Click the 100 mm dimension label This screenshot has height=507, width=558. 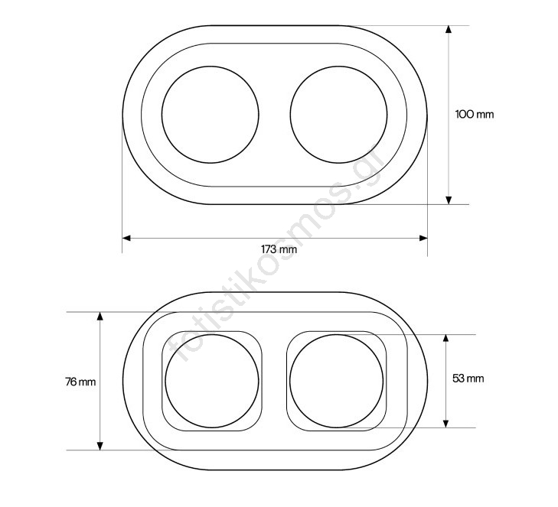click(475, 115)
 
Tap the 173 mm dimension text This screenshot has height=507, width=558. click(279, 249)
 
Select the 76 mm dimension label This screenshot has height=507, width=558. click(80, 382)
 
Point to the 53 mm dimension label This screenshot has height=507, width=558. click(468, 379)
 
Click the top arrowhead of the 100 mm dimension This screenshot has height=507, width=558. click(449, 29)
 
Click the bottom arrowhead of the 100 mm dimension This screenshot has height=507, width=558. click(449, 200)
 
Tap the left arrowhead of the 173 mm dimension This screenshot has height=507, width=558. click(126, 238)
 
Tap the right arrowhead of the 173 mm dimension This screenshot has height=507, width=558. click(423, 238)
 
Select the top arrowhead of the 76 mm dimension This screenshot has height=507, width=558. click(100, 316)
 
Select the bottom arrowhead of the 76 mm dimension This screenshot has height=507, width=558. click(100, 446)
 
